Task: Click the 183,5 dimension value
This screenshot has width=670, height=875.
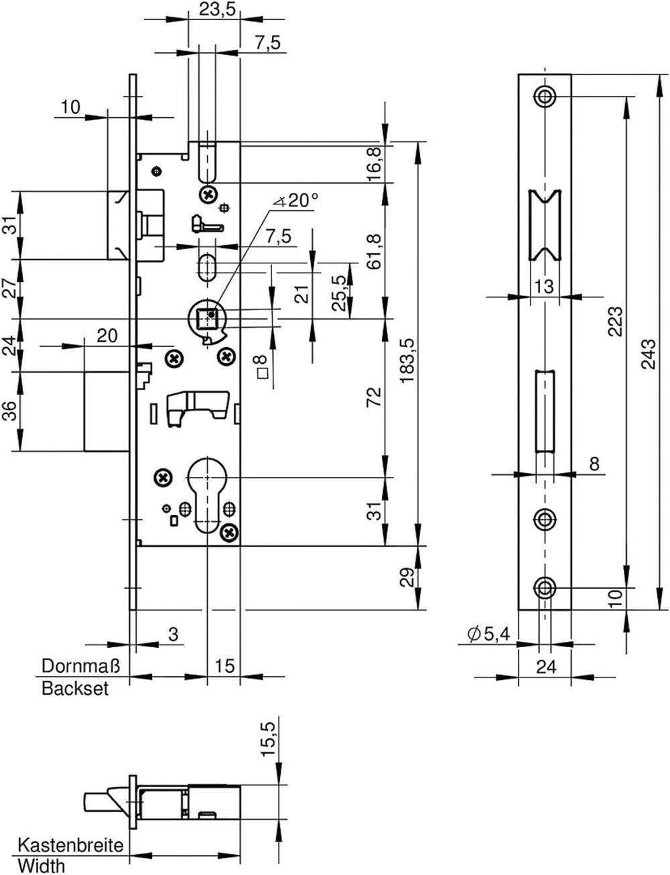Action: tap(409, 362)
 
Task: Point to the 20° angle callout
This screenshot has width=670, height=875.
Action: tap(296, 200)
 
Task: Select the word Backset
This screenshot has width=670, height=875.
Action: tap(75, 688)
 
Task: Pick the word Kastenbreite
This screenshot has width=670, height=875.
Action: tap(71, 845)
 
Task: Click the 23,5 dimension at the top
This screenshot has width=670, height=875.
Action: tap(216, 9)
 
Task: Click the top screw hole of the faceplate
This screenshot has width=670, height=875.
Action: tap(545, 96)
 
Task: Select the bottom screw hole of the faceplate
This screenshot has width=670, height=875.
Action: tap(545, 588)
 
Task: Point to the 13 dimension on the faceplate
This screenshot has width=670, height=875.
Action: tap(544, 287)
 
